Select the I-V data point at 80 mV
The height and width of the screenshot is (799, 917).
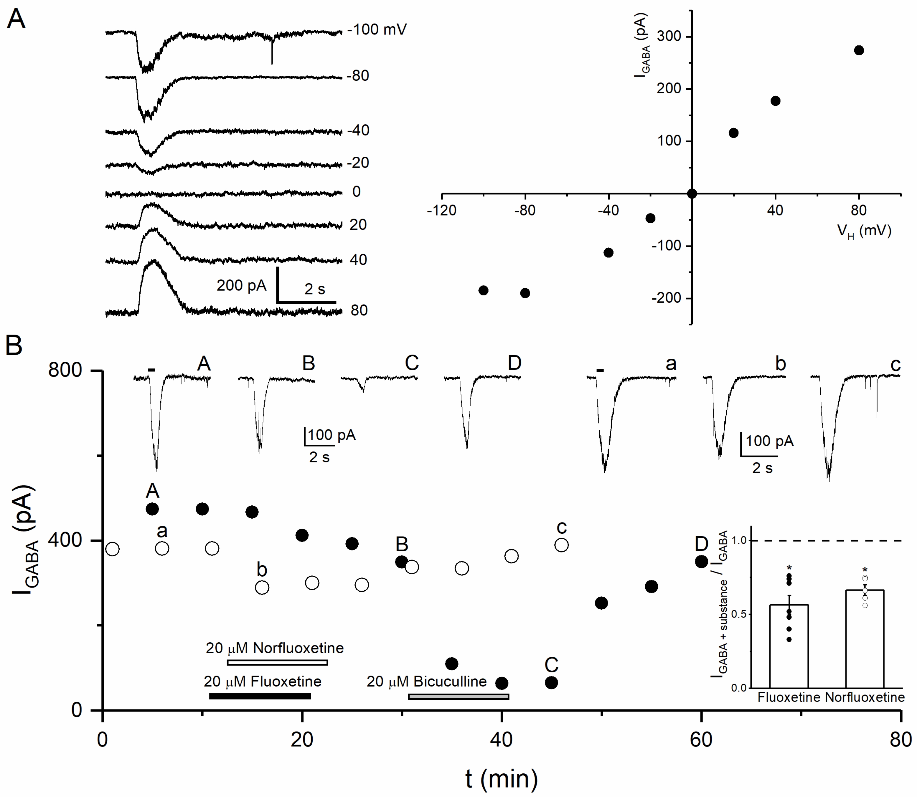pos(859,50)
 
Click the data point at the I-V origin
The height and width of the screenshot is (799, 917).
pos(692,193)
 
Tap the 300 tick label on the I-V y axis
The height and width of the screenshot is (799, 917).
pos(669,37)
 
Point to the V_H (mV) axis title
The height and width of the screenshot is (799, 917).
pos(864,231)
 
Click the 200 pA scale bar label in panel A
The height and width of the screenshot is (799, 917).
pos(241,285)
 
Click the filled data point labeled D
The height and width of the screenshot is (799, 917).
pos(701,561)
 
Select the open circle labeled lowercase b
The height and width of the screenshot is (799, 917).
pos(262,587)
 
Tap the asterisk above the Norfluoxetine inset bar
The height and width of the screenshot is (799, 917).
pos(865,570)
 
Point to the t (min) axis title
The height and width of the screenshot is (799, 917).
pos(501,778)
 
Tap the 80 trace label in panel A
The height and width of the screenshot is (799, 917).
pos(359,310)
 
